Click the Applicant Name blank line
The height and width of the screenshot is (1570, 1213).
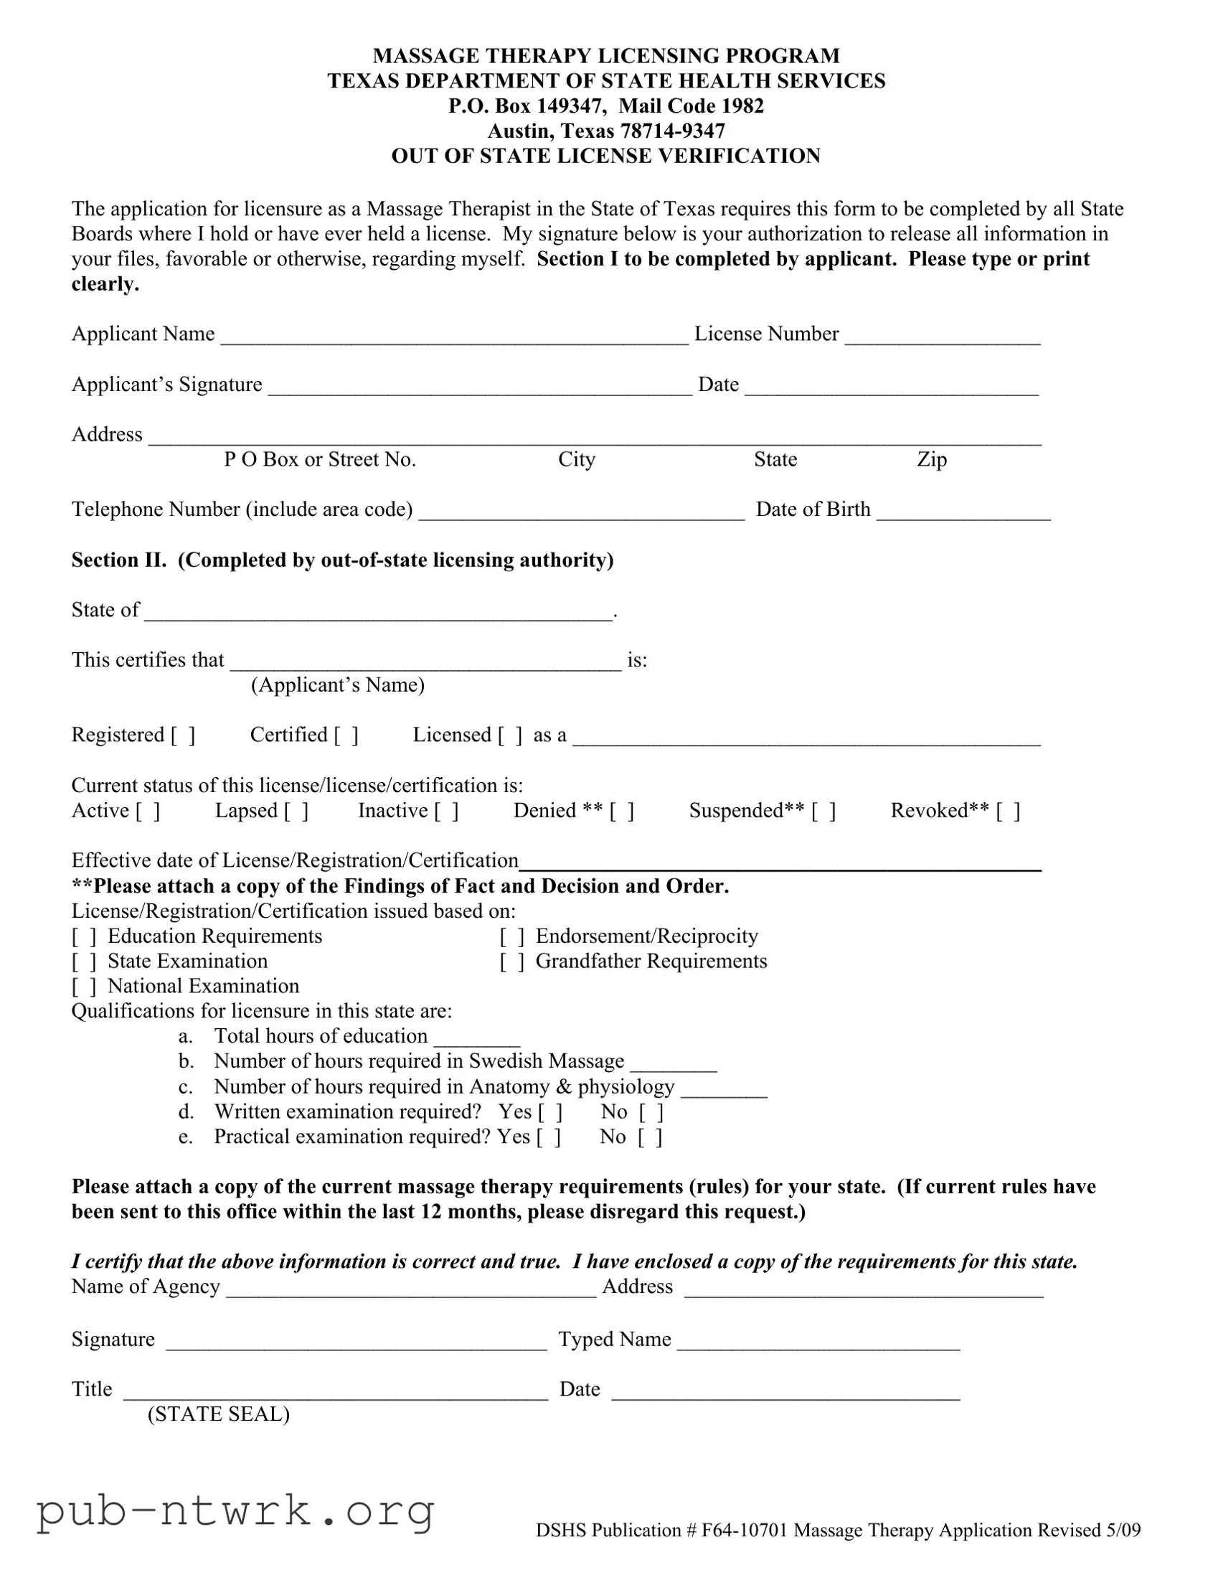(x=454, y=337)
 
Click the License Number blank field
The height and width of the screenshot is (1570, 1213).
(x=942, y=337)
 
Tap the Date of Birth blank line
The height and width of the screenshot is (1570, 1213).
(x=963, y=512)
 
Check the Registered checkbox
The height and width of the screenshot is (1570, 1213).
(x=182, y=735)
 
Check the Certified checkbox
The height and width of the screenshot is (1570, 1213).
(x=346, y=735)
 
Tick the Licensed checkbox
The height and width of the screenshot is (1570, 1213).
(x=510, y=735)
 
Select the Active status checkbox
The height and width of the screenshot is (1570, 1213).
(x=148, y=811)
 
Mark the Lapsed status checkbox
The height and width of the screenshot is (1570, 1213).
(x=296, y=811)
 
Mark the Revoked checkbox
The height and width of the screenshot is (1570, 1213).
(x=1008, y=811)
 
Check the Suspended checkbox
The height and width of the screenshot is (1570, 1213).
(x=823, y=811)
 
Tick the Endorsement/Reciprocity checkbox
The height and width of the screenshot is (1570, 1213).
(x=511, y=936)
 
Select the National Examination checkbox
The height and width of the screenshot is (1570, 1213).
(x=84, y=987)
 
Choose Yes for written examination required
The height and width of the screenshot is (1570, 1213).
(x=550, y=1113)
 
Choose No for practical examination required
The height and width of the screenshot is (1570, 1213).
(x=651, y=1138)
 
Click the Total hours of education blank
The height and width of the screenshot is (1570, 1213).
(x=476, y=1038)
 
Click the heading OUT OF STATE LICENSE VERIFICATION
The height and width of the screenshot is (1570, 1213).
(x=605, y=156)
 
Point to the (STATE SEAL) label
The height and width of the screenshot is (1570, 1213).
(x=219, y=1414)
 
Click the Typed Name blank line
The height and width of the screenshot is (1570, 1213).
(x=818, y=1342)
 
